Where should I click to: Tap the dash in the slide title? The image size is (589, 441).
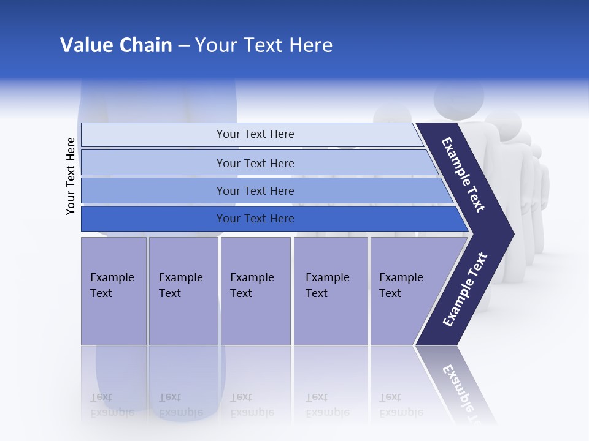(183, 46)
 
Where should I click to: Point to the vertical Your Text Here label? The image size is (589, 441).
(71, 176)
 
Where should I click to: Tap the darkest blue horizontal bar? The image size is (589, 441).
(153, 219)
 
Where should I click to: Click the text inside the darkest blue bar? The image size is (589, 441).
(255, 219)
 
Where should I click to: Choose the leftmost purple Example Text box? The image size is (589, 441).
(114, 291)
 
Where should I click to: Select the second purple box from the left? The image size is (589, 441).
(183, 291)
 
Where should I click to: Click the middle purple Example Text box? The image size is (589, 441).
(255, 291)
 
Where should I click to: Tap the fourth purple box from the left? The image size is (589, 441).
(331, 291)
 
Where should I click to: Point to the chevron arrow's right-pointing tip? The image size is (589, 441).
(509, 233)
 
